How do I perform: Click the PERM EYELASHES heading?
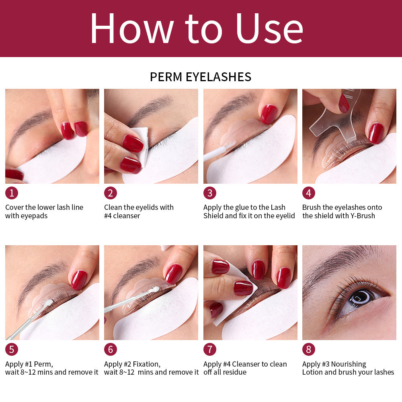click(201, 77)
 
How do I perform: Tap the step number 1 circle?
click(11, 193)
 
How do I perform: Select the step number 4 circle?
click(308, 193)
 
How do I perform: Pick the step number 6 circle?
click(111, 349)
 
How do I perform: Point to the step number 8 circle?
click(308, 349)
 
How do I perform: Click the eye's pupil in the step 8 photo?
click(359, 297)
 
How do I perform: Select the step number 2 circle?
click(111, 193)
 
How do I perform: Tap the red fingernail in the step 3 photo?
click(269, 114)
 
